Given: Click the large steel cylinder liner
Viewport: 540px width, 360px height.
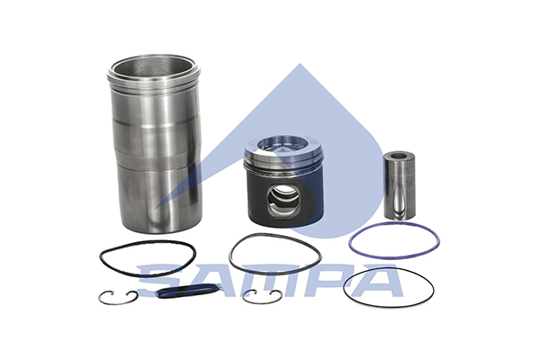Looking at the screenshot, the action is coord(154,145).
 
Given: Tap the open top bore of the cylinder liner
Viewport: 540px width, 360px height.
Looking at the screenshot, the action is coord(153,67).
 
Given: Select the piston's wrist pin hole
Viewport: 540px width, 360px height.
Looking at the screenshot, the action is coord(283,202).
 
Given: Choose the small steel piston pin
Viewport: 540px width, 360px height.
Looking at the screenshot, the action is coord(400,185).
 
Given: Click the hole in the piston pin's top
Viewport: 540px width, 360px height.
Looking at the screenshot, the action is coord(400,156).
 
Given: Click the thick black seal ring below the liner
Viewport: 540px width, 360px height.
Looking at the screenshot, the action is coord(148,242).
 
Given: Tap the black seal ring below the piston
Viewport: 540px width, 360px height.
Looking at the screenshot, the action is coord(274,235).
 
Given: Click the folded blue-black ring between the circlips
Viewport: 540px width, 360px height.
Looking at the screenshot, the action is coord(188,290).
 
